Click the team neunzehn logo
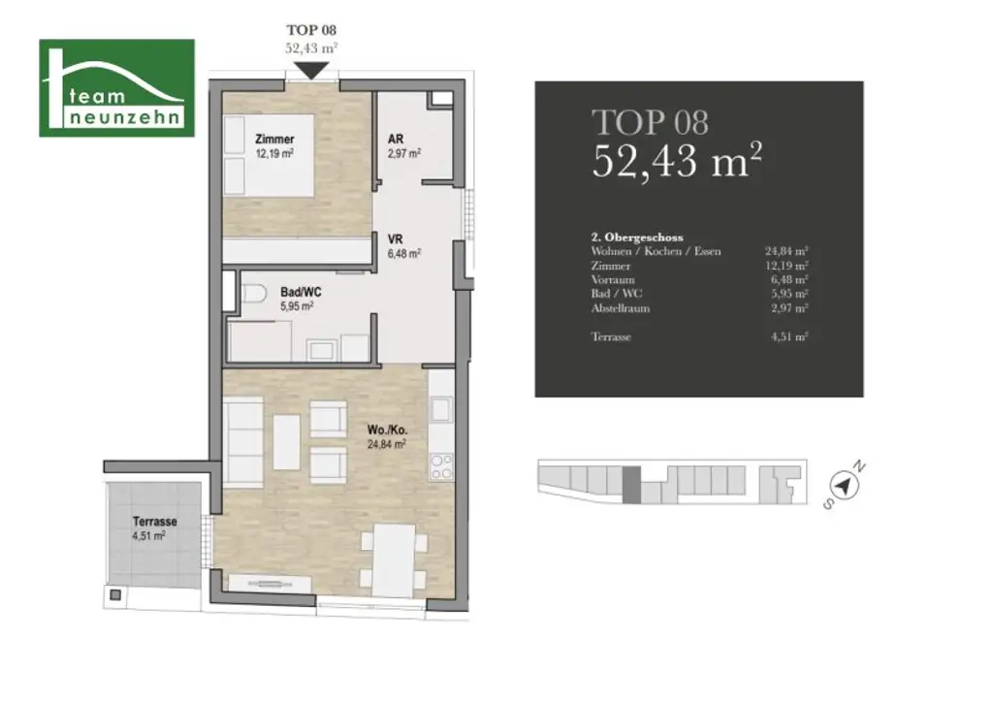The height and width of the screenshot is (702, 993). [x=116, y=88]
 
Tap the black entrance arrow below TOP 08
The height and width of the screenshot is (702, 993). [x=312, y=71]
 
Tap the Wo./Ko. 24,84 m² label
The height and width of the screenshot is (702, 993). [x=385, y=437]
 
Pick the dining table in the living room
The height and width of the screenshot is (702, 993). [x=395, y=559]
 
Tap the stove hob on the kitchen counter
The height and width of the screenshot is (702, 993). [x=439, y=466]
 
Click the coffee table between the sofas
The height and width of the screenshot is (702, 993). [x=286, y=442]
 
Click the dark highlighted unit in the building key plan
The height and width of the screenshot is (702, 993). [x=631, y=484]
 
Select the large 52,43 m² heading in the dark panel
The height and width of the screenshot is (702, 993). [x=676, y=160]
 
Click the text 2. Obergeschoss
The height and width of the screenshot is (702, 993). [x=637, y=237]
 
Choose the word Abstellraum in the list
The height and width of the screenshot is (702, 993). [x=621, y=308]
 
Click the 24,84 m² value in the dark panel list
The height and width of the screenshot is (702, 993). [x=787, y=251]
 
